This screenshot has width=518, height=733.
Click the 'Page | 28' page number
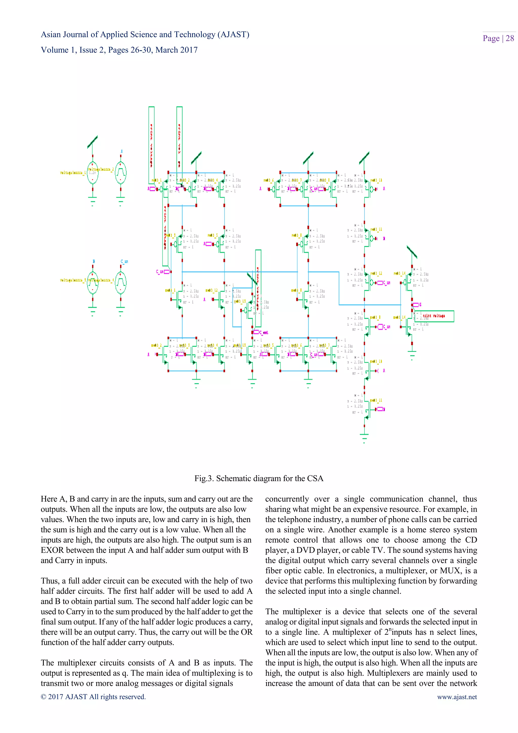tap(498, 38)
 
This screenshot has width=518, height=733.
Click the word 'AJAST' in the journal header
tap(233, 34)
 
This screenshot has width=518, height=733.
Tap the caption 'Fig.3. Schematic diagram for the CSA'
tap(259, 478)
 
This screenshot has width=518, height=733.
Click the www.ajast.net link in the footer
tap(457, 697)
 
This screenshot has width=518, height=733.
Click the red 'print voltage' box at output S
tap(434, 316)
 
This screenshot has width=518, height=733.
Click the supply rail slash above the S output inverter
tap(412, 252)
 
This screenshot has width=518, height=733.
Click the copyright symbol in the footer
tap(44, 697)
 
